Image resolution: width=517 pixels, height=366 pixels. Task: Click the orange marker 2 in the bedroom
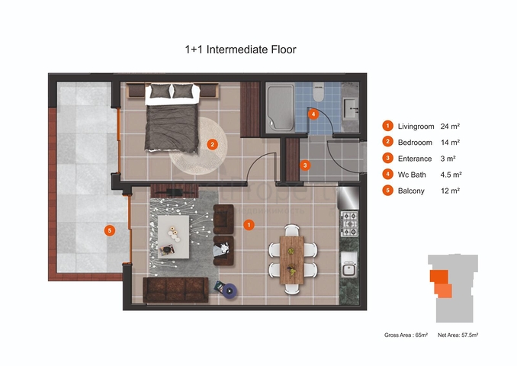pyautogui.click(x=212, y=144)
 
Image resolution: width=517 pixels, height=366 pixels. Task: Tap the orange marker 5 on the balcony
pyautogui.click(x=110, y=230)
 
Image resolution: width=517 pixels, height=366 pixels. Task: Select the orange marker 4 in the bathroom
pyautogui.click(x=313, y=114)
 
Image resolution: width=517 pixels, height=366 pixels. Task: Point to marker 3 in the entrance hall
pyautogui.click(x=305, y=165)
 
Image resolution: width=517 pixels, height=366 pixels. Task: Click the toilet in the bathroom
pyautogui.click(x=318, y=92)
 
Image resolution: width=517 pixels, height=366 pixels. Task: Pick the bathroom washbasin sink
pyautogui.click(x=350, y=108)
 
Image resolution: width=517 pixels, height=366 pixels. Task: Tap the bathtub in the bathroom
pyautogui.click(x=280, y=108)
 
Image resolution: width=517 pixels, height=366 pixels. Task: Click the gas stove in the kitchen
pyautogui.click(x=349, y=223)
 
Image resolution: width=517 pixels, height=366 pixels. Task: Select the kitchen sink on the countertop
pyautogui.click(x=349, y=265)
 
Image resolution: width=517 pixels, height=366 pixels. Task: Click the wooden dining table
pyautogui.click(x=292, y=260)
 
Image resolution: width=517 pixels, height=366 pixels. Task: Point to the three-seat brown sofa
pyautogui.click(x=175, y=290)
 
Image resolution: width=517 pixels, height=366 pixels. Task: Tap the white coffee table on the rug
pyautogui.click(x=173, y=236)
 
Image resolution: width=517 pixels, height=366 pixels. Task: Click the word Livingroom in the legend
pyautogui.click(x=416, y=127)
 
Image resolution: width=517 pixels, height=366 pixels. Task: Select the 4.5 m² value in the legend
pyautogui.click(x=451, y=175)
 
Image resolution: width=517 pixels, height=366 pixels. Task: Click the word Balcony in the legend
pyautogui.click(x=411, y=191)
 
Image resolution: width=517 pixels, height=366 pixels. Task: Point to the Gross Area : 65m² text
pyautogui.click(x=406, y=335)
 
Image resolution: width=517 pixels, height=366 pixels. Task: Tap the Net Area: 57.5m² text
pyautogui.click(x=458, y=335)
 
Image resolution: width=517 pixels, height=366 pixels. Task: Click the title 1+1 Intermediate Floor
pyautogui.click(x=240, y=50)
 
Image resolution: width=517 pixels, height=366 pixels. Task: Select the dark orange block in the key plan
pyautogui.click(x=439, y=276)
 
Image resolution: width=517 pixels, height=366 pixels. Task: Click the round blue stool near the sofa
pyautogui.click(x=230, y=291)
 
